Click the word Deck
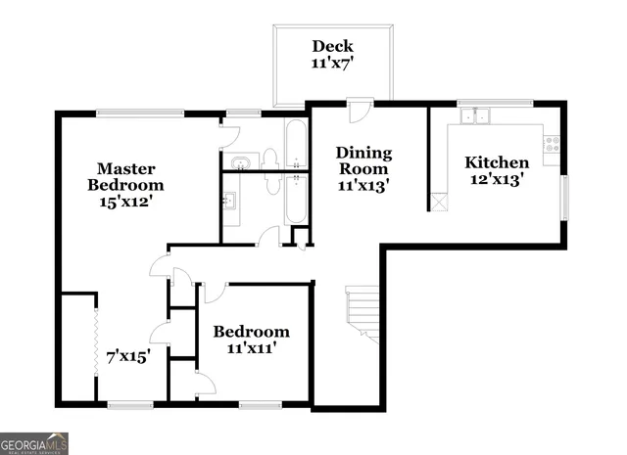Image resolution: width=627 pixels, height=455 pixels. click(332, 46)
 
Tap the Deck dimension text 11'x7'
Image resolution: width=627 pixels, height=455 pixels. click(332, 64)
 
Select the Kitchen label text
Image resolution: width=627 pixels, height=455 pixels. click(497, 162)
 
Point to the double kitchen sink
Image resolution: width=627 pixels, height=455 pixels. click(478, 116)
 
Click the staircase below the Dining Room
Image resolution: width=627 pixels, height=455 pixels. click(363, 313)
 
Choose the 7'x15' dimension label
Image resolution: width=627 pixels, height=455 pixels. click(126, 357)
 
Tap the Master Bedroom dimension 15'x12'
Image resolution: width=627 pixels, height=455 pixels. click(124, 202)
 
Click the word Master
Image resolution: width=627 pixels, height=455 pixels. click(124, 167)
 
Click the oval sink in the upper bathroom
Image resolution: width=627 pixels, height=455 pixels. click(239, 159)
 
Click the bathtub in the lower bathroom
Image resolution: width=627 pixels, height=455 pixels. click(294, 203)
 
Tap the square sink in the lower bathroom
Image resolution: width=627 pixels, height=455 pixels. click(231, 203)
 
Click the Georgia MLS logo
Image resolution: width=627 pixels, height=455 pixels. click(34, 442)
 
